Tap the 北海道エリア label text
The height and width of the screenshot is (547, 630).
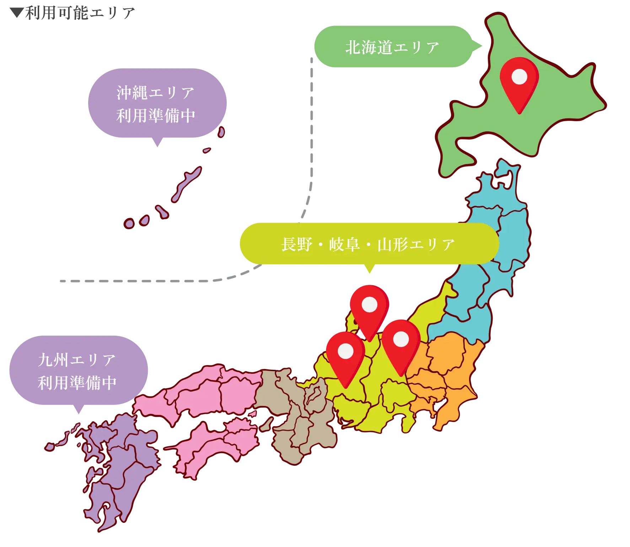392,48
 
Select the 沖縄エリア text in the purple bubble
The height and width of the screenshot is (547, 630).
156,93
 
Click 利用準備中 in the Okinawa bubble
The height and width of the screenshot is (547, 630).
156,116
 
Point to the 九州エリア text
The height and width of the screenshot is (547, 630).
77,360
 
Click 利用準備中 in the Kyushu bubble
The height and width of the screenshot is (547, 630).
77,383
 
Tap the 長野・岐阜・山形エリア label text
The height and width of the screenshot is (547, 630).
368,245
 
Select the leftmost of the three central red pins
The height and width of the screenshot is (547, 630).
345,357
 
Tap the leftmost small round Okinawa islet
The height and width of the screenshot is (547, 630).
129,223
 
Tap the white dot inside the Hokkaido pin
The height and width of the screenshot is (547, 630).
519,76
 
